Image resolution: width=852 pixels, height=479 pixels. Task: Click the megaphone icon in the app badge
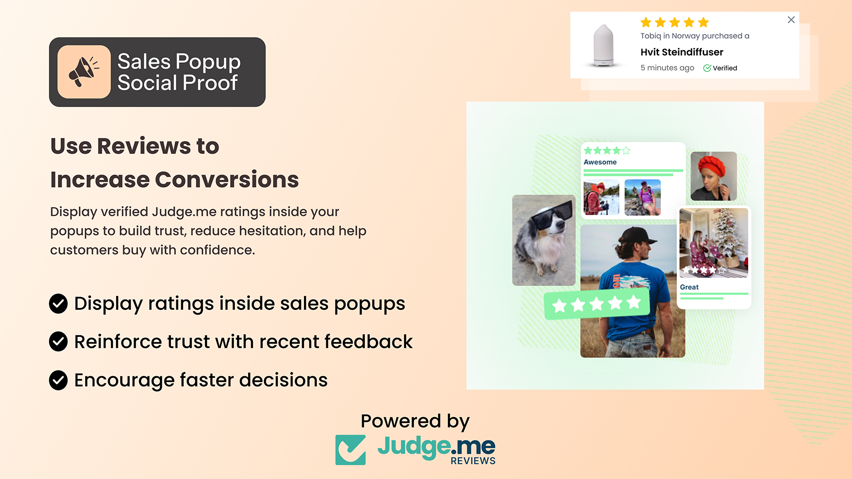coord(84,71)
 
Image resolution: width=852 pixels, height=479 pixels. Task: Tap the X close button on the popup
coord(791,20)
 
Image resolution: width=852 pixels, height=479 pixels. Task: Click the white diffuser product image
coord(603,45)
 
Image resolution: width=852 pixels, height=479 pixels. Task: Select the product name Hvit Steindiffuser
coord(682,52)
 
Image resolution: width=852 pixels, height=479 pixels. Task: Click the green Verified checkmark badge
coord(707,68)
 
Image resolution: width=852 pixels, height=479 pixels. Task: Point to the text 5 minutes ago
coord(667,68)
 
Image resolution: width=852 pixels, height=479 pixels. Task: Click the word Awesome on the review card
coord(600,162)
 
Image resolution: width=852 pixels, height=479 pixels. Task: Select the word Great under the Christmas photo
coord(689,287)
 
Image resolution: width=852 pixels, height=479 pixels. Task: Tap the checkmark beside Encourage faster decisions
coord(59,380)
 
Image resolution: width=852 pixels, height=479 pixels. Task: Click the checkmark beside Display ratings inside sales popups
coord(59,304)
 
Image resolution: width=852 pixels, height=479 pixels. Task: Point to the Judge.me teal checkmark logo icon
coord(350,450)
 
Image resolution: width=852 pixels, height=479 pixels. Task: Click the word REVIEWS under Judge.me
coord(473,461)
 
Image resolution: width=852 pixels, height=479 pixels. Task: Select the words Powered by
coord(415,422)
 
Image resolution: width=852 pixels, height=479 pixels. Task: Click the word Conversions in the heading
coord(227,180)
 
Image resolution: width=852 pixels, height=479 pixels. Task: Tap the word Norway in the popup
coord(685,36)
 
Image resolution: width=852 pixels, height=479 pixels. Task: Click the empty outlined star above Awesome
coord(626,151)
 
